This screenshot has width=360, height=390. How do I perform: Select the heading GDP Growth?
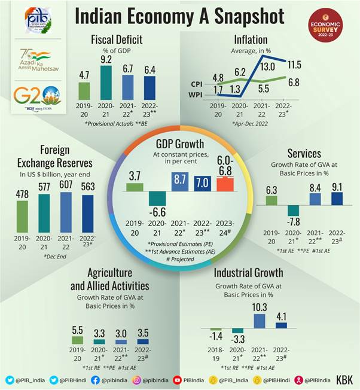[x=179, y=144]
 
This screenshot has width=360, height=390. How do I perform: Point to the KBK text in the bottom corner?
[x=344, y=380]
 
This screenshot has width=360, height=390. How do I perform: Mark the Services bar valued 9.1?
[x=336, y=199]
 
